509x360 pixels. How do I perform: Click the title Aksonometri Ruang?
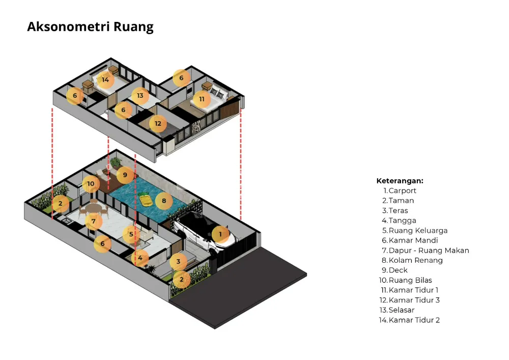[x=90, y=27]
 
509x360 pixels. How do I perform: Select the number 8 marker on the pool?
[x=163, y=201]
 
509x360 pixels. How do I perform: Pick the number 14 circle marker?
[x=105, y=79]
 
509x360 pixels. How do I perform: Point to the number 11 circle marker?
[x=202, y=99]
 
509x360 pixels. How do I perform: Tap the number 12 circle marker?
[x=158, y=123]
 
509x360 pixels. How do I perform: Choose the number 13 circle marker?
[x=140, y=95]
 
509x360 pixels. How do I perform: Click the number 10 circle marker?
[x=91, y=184]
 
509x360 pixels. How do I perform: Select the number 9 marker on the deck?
[x=125, y=175]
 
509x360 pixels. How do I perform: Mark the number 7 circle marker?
[x=94, y=221]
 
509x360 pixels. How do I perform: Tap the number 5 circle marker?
[x=131, y=234]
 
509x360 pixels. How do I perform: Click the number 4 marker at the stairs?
[x=140, y=258]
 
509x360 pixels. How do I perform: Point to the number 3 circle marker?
[x=178, y=262]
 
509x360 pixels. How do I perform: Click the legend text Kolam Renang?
[x=415, y=260]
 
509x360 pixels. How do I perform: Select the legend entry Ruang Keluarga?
[x=418, y=231]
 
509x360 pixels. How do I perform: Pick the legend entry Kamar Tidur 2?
[x=414, y=320]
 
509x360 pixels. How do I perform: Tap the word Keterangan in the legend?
[x=400, y=181]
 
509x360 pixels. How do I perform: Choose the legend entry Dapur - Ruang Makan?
[x=429, y=251]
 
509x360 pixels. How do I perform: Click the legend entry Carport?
[x=402, y=190]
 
